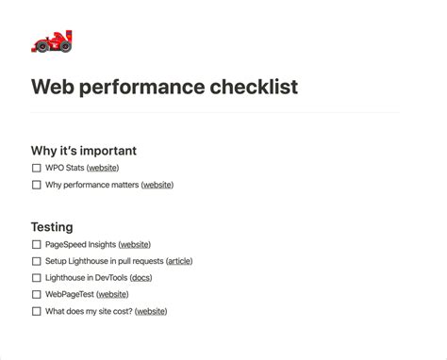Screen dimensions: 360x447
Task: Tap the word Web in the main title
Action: click(54, 88)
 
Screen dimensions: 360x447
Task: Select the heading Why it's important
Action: click(84, 150)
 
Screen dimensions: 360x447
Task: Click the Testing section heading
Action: click(52, 226)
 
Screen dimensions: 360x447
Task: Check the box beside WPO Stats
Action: click(37, 168)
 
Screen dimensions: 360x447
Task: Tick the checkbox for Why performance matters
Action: click(37, 185)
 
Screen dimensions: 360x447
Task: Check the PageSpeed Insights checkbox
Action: click(37, 244)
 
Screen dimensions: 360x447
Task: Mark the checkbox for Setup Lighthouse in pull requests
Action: click(37, 261)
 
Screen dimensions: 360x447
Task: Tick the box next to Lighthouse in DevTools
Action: click(37, 278)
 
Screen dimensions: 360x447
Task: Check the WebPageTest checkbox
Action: click(37, 294)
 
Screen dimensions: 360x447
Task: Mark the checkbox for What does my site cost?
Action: click(37, 311)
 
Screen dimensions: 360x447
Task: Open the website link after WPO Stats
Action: click(103, 168)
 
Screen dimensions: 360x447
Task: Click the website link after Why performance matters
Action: click(157, 185)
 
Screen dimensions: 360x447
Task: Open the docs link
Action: click(141, 278)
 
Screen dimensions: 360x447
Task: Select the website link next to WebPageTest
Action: click(112, 294)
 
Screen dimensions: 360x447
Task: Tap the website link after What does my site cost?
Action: click(151, 311)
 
